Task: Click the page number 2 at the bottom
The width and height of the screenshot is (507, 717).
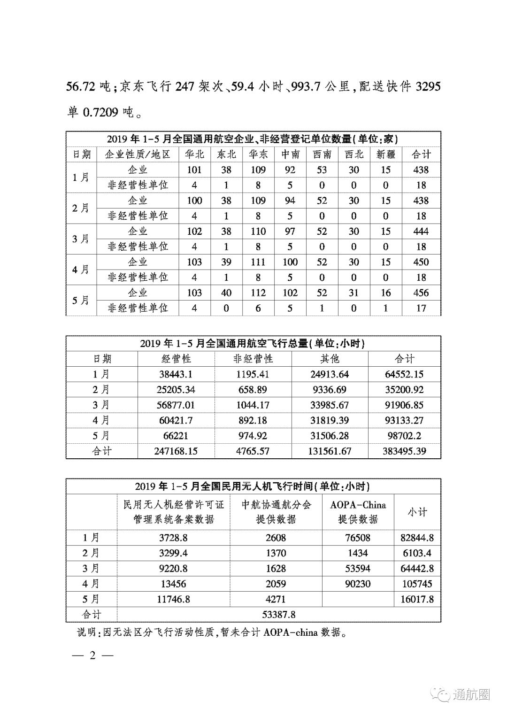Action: click(x=92, y=656)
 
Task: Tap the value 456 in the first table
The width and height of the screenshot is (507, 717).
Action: click(x=421, y=293)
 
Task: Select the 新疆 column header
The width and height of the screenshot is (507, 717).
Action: click(x=385, y=154)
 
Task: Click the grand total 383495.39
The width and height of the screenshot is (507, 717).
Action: click(x=404, y=451)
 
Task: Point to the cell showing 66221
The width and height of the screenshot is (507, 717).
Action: click(x=176, y=436)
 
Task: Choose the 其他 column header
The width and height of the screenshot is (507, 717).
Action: click(x=330, y=359)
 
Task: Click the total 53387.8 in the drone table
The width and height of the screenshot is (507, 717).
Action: click(x=276, y=615)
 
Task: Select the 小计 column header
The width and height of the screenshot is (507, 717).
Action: click(x=417, y=512)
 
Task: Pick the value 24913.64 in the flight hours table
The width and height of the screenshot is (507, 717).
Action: click(x=330, y=375)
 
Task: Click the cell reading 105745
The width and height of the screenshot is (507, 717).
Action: click(x=417, y=584)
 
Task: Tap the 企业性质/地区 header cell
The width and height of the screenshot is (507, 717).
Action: click(x=137, y=154)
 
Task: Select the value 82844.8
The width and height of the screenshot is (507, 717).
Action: click(x=417, y=538)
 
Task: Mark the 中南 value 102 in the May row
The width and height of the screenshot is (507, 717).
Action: click(x=290, y=293)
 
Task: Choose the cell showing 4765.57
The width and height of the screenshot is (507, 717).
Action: click(x=253, y=451)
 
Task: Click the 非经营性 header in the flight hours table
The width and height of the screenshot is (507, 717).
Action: click(x=253, y=359)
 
